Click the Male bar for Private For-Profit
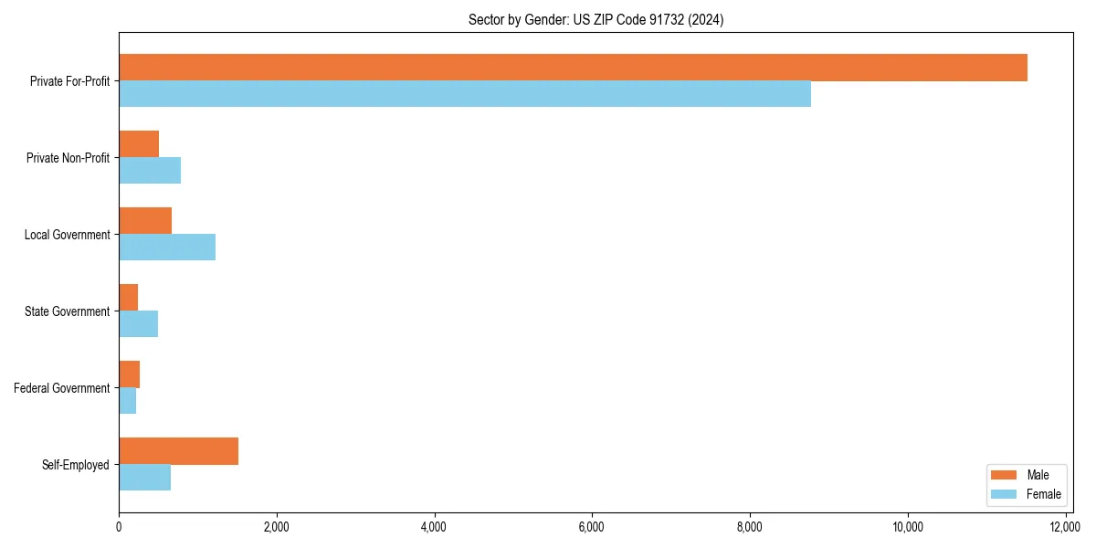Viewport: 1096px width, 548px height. pos(573,68)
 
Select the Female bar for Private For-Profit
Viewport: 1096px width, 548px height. pos(465,94)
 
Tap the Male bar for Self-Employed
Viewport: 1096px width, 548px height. pos(178,451)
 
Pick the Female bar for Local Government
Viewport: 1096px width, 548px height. pos(167,248)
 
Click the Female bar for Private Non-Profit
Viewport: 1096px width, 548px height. pos(150,171)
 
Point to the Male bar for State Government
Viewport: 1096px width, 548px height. pos(128,298)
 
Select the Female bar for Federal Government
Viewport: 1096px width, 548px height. pos(127,401)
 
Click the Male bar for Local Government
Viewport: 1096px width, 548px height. pos(145,221)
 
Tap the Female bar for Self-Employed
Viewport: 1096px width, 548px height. pos(144,478)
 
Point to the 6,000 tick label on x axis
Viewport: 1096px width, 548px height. pos(592,527)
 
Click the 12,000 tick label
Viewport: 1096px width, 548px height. pos(1065,527)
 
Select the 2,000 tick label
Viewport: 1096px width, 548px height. pos(276,527)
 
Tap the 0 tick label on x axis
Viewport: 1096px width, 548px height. pos(119,527)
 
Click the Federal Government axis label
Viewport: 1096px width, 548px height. pos(62,388)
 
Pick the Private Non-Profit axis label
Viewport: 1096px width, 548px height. pos(68,158)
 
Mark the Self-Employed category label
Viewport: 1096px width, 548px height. pos(76,465)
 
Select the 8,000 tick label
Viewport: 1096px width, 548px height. pos(750,527)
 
